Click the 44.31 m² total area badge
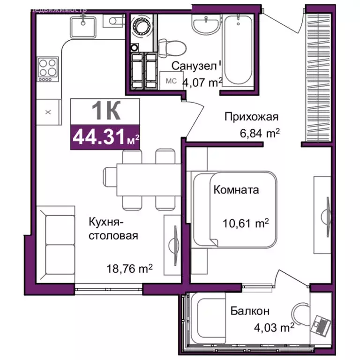[x=105, y=137]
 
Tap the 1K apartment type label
[x=105, y=111]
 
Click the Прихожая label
[x=251, y=117]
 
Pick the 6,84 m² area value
[x=259, y=134]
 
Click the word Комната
[x=236, y=190]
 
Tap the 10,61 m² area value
[x=246, y=224]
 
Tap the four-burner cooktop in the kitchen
[x=48, y=69]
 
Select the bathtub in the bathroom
[x=238, y=51]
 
